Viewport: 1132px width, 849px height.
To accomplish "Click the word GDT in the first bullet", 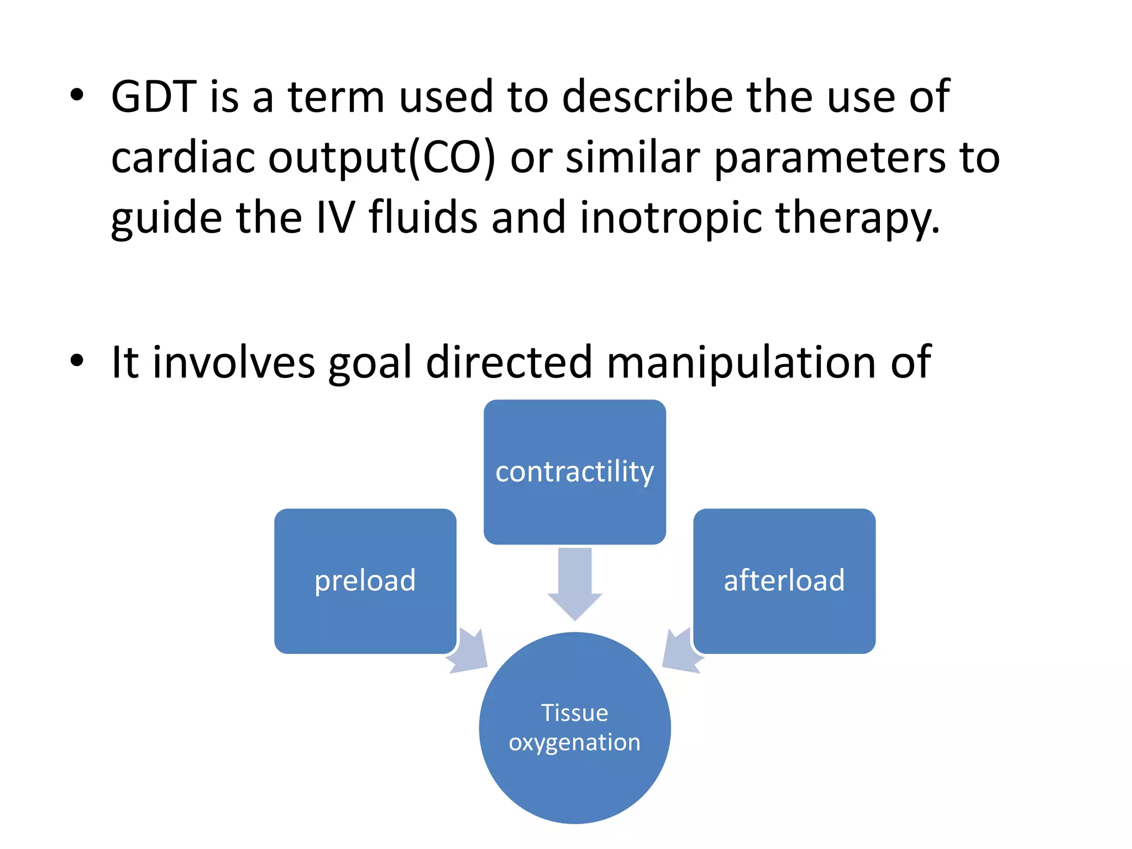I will (x=154, y=97).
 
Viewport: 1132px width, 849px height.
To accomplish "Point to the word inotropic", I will (x=670, y=218).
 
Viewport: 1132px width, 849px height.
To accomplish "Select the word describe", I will (x=647, y=97).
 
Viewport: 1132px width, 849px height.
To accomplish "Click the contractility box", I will (x=574, y=471).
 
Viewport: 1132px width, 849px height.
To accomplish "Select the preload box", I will (x=365, y=580).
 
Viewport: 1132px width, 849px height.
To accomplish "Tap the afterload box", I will (x=784, y=580).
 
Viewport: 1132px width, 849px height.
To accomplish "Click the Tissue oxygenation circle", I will (x=574, y=727).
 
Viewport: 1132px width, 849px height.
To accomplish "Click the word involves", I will (x=233, y=363).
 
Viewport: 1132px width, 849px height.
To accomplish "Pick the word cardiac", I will (x=182, y=158).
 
